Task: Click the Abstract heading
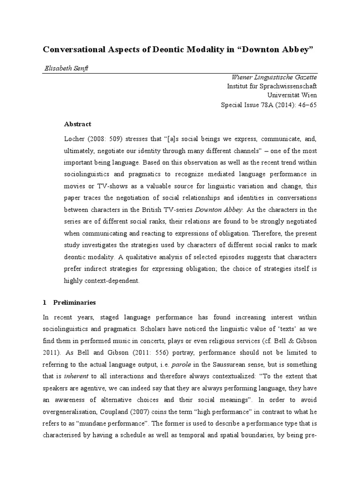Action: tap(77, 124)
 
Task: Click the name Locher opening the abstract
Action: tap(74, 139)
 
